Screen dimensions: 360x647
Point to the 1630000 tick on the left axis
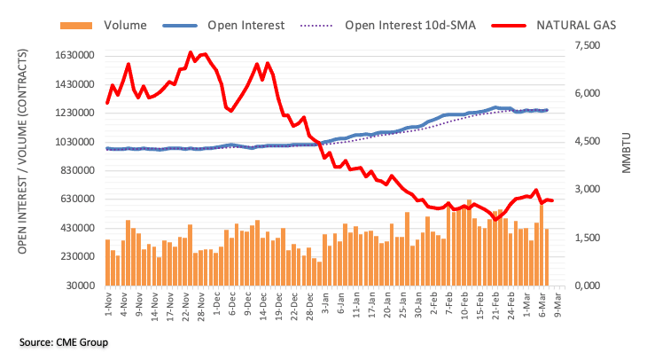click(72, 56)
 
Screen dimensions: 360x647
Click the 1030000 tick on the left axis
click(72, 142)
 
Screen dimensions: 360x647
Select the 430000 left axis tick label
click(75, 228)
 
